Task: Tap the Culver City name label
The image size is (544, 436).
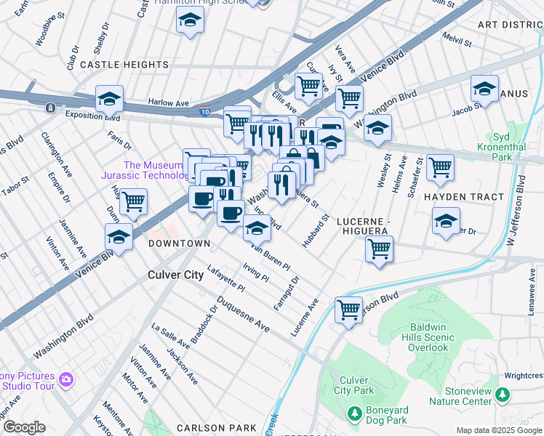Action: [176, 275]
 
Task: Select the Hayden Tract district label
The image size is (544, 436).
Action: [463, 197]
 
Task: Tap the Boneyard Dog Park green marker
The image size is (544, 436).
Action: [354, 413]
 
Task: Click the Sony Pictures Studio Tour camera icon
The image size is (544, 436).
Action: [66, 379]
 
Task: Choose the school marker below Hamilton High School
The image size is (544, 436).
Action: [190, 20]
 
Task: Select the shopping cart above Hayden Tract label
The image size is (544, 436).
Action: [440, 166]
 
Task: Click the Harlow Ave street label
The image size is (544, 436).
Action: [168, 102]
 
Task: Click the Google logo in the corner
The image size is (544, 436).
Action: [24, 427]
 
